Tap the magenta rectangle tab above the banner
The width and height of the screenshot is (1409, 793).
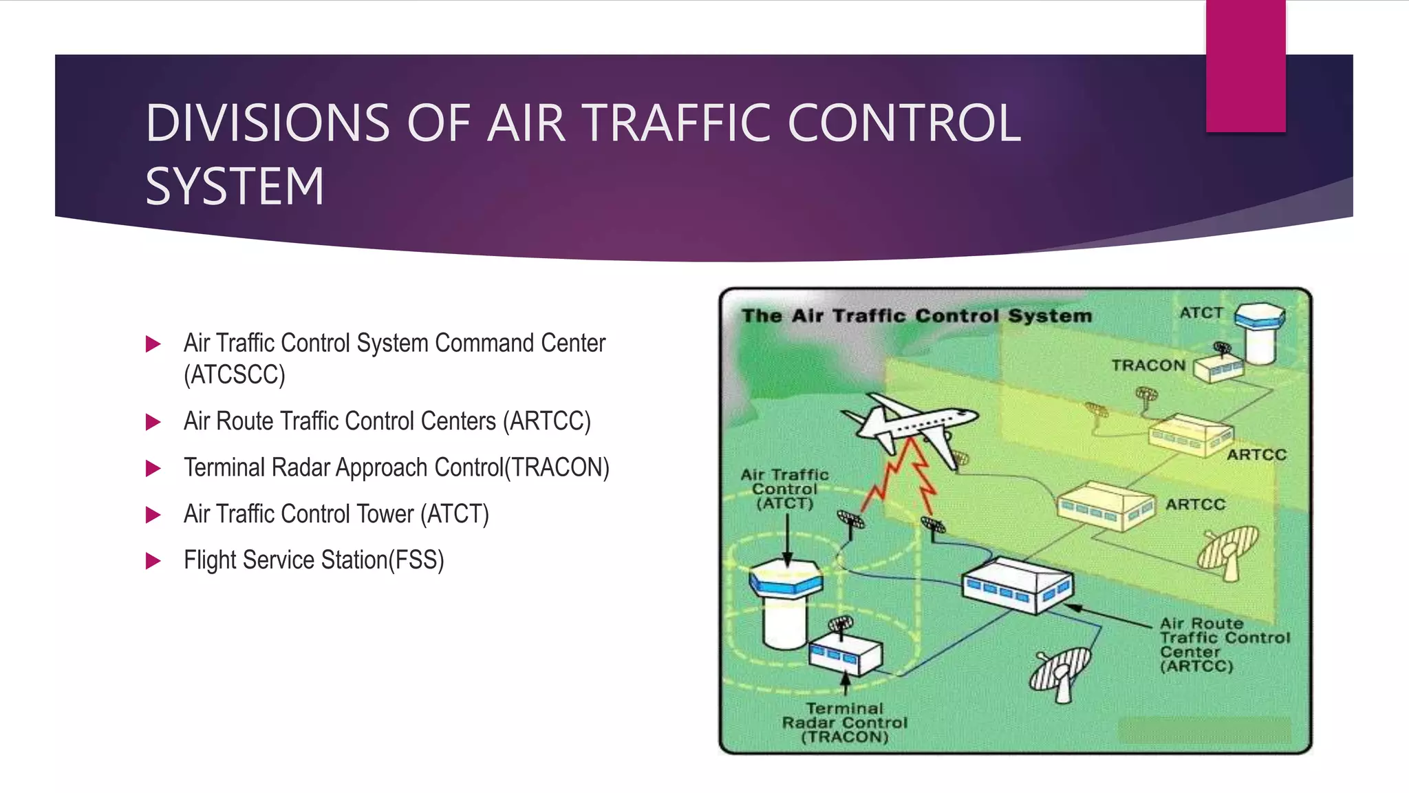click(1245, 66)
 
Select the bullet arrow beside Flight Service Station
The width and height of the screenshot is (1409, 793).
click(153, 561)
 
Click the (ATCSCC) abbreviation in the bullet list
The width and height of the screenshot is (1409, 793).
click(234, 375)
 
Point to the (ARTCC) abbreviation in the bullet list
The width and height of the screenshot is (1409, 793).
click(547, 421)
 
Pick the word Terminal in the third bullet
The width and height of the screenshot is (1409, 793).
click(224, 467)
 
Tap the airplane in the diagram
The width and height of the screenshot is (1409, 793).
click(908, 423)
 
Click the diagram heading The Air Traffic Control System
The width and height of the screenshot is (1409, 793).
click(916, 316)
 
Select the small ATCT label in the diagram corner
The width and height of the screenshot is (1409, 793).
click(1201, 313)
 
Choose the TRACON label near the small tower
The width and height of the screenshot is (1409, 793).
click(1148, 366)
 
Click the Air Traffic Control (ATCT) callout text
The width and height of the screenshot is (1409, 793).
click(784, 489)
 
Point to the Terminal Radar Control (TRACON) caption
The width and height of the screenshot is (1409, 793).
click(845, 723)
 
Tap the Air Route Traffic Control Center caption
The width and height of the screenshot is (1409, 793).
click(1225, 645)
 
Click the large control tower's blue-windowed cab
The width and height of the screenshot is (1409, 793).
click(786, 578)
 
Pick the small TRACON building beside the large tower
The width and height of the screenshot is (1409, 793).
click(845, 654)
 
